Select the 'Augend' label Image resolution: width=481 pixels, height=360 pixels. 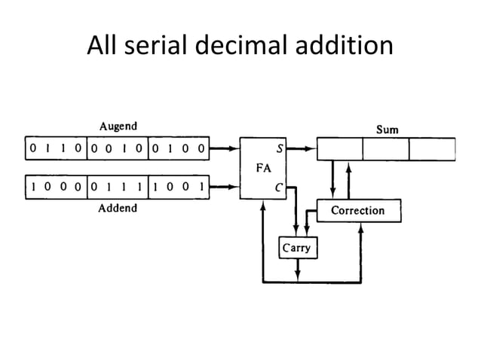click(x=118, y=126)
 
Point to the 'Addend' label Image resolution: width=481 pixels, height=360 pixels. click(x=118, y=208)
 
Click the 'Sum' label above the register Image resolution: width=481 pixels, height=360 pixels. click(x=388, y=130)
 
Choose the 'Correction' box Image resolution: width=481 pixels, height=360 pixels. click(x=358, y=210)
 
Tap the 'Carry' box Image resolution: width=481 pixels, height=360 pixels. click(x=296, y=248)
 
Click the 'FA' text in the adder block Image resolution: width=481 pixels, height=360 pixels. click(x=262, y=169)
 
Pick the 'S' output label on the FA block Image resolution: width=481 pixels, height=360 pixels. click(x=279, y=148)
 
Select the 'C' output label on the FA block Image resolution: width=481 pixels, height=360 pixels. click(x=279, y=188)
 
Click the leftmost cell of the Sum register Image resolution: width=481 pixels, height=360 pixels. click(x=339, y=149)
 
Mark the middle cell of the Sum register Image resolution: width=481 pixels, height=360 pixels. click(x=385, y=149)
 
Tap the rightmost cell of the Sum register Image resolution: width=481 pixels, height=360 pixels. click(x=432, y=149)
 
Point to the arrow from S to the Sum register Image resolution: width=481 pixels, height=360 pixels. click(x=301, y=148)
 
